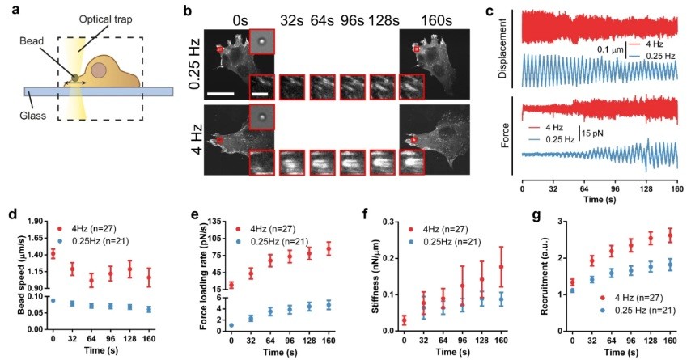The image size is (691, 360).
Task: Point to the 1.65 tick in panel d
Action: [36, 237]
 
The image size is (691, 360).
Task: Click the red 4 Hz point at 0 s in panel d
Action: [53, 253]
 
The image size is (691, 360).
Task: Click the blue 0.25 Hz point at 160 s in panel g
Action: [668, 265]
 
